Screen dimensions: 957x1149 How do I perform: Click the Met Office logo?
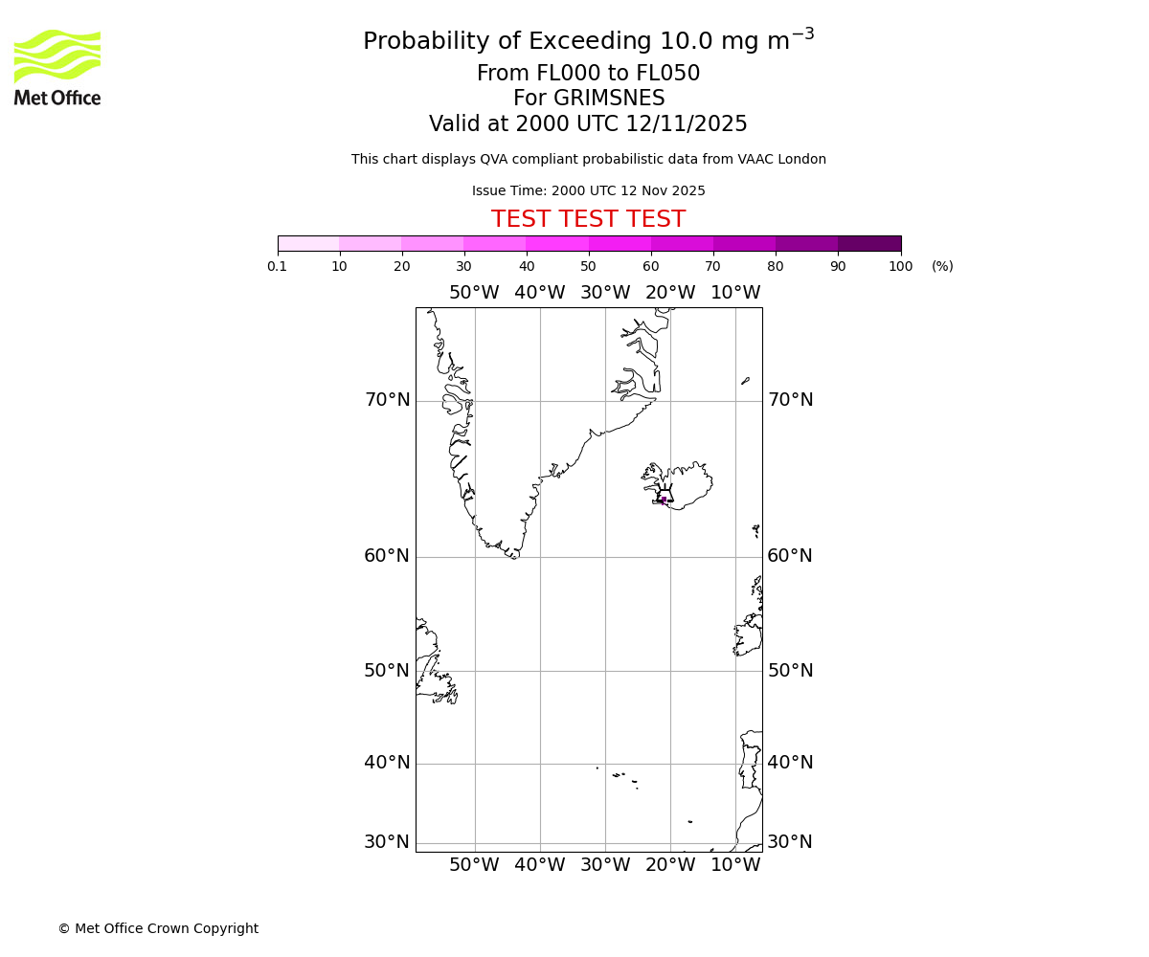57,67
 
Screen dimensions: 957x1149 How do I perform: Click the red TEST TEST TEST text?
588,219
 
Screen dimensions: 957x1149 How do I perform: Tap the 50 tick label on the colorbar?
588,266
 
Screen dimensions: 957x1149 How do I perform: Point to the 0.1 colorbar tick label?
278,266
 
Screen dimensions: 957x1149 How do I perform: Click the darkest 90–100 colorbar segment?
869,243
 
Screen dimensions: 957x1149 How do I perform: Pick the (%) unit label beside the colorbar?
942,266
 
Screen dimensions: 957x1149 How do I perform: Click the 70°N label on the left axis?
387,400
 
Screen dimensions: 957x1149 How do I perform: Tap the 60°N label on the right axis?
790,556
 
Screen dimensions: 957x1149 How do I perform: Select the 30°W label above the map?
605,293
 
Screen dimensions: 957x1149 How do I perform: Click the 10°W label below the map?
735,865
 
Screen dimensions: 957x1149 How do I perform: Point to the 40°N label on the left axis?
387,763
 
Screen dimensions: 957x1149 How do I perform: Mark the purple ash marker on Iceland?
664,500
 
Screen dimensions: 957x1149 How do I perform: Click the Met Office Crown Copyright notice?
158,928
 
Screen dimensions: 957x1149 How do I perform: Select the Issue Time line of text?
588,190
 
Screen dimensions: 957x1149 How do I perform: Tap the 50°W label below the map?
474,865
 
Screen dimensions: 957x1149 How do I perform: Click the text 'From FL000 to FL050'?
588,74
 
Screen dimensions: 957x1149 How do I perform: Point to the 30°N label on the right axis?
790,842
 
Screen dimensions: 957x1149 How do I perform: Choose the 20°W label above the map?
670,293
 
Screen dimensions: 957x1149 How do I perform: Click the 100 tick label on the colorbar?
900,266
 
